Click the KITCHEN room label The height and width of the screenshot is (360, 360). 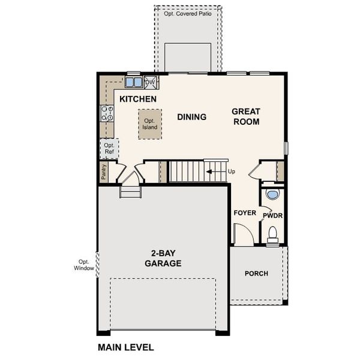pyautogui.click(x=138, y=99)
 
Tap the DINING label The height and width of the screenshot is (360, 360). pyautogui.click(x=191, y=117)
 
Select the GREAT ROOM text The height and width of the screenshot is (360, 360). pyautogui.click(x=246, y=116)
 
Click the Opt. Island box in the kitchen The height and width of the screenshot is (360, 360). pyautogui.click(x=149, y=124)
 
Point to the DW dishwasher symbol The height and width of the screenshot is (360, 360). pyautogui.click(x=151, y=82)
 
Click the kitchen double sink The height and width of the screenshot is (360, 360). pyautogui.click(x=134, y=82)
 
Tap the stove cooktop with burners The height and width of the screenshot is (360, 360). pyautogui.click(x=107, y=113)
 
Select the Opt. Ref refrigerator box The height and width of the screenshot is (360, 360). pyautogui.click(x=109, y=148)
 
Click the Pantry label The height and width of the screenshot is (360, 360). pyautogui.click(x=104, y=173)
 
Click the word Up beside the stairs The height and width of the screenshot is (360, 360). pyautogui.click(x=232, y=172)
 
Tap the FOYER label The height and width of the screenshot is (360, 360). pyautogui.click(x=244, y=213)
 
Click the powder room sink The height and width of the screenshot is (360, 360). pyautogui.click(x=272, y=194)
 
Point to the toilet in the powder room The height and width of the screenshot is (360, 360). pyautogui.click(x=272, y=234)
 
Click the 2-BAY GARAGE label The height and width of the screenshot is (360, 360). pyautogui.click(x=163, y=258)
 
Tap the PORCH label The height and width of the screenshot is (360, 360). pyautogui.click(x=256, y=274)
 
